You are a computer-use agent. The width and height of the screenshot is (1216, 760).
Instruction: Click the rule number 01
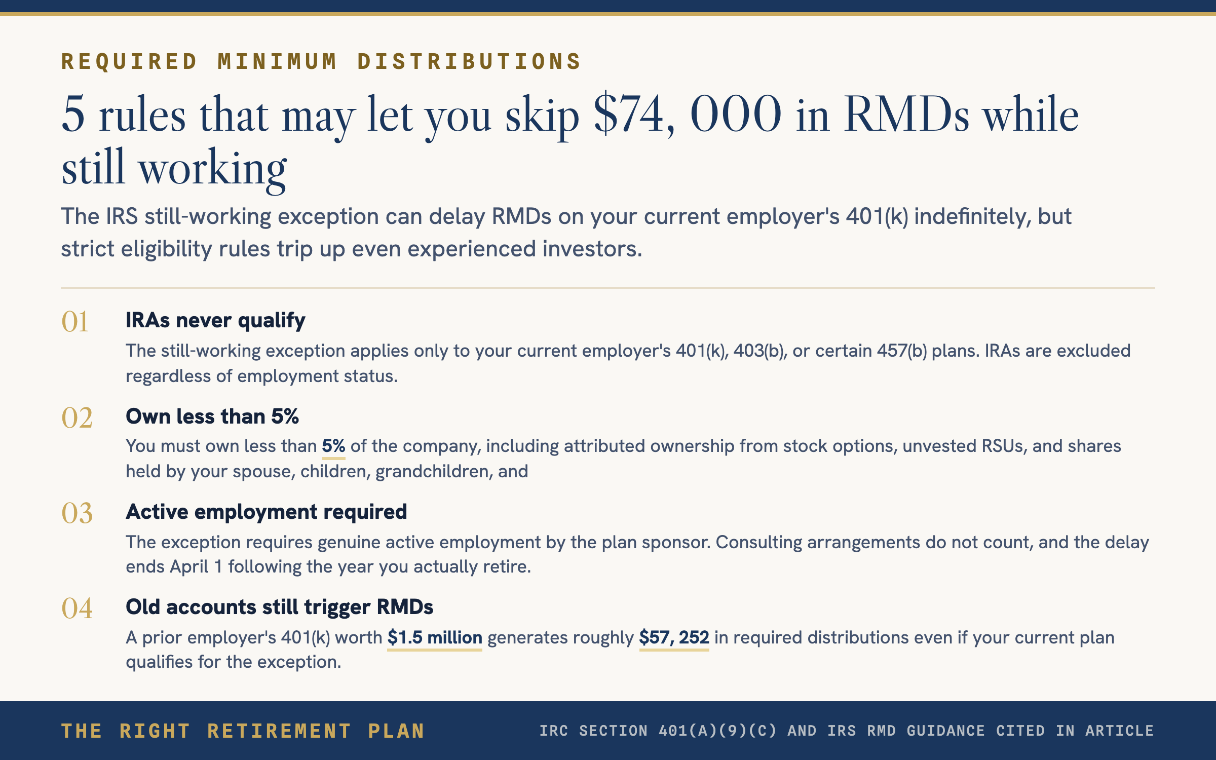(x=75, y=322)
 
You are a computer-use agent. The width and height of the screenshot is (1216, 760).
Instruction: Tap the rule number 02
(x=77, y=418)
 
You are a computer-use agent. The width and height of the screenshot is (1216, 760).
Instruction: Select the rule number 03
(x=77, y=513)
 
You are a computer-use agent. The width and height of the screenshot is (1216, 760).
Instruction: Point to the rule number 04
(x=77, y=609)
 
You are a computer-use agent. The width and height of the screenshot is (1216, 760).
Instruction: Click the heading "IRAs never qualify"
(x=215, y=321)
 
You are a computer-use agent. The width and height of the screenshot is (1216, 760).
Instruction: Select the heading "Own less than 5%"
(x=212, y=416)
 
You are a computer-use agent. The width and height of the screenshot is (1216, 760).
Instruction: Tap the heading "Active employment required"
(x=267, y=512)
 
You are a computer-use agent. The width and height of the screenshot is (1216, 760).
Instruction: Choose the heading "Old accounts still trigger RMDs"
(x=280, y=607)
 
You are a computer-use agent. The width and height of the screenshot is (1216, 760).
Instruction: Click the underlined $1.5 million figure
(x=435, y=637)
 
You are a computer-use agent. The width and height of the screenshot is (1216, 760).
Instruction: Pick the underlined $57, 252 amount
(x=674, y=637)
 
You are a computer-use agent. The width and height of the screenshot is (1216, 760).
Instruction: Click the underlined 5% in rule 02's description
(x=333, y=446)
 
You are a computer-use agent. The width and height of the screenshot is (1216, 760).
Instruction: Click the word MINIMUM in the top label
(x=277, y=62)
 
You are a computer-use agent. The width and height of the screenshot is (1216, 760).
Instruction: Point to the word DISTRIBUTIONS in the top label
(x=469, y=62)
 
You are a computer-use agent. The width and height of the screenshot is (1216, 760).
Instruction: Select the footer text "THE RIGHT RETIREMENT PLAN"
(x=243, y=731)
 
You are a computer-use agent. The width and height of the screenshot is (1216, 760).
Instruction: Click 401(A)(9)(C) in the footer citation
(x=717, y=731)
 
